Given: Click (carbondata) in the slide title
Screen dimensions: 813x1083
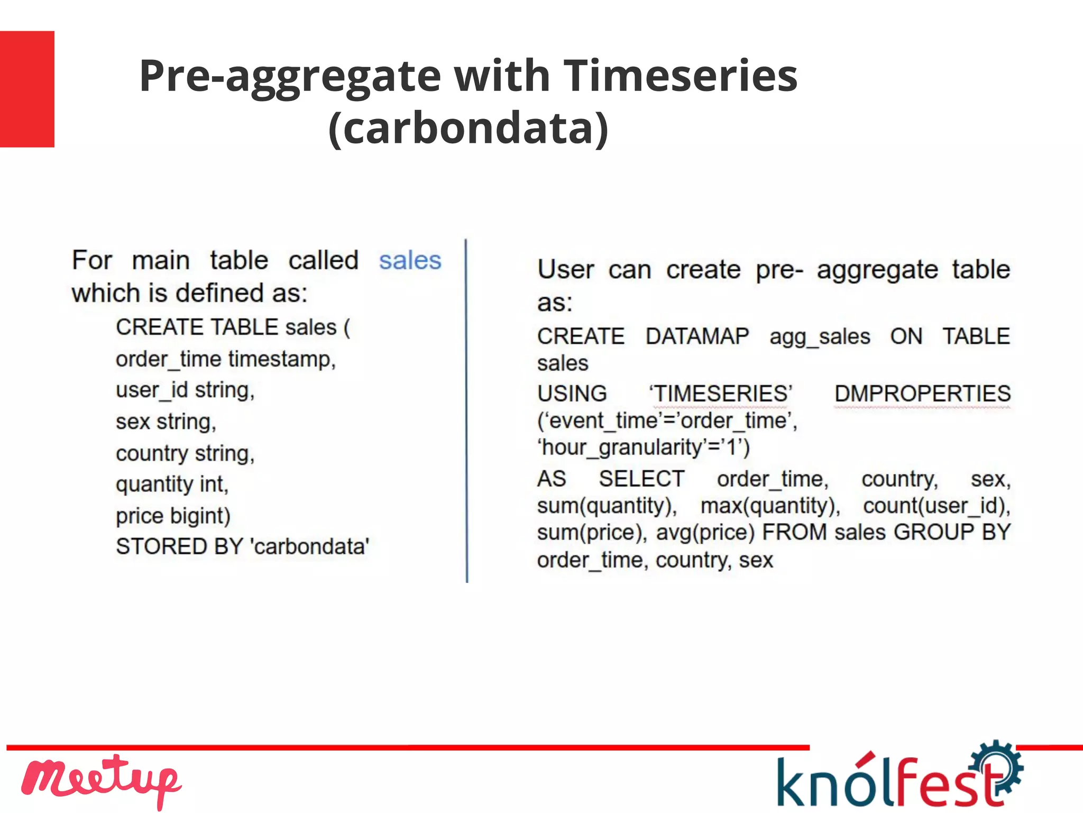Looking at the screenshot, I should coord(469,128).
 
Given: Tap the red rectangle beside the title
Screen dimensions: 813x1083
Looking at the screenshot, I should coord(27,89).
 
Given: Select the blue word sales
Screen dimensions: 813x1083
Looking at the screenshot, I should coord(410,261).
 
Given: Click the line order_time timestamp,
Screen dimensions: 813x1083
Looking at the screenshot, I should coord(226,359).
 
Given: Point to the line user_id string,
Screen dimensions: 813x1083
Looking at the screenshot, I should coord(185,390).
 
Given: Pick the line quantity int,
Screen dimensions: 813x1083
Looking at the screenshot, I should coord(172,485).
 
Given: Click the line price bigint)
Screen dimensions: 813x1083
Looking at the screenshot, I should coord(173,516).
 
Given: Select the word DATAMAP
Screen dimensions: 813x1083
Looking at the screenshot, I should coord(697,336).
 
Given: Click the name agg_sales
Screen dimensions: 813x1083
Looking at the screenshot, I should coord(819,337).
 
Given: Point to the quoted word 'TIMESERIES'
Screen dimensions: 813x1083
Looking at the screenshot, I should coord(721,394).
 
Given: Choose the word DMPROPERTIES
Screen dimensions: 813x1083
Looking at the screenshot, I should coord(922,394).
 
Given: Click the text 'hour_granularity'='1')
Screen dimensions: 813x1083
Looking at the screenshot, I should coord(643,447).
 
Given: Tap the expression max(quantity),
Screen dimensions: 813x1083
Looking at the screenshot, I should coord(770,506).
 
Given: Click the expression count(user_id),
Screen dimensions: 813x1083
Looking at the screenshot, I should coord(936,506).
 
